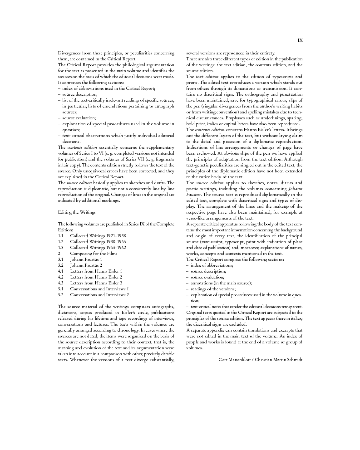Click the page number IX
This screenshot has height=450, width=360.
(300, 40)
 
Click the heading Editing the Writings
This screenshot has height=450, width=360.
(77, 212)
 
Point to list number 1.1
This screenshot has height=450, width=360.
(61, 236)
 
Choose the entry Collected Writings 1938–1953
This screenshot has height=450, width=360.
(98, 242)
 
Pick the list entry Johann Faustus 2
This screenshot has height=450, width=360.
(86, 265)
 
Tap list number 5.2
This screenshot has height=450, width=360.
(61, 294)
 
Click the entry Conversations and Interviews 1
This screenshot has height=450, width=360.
(99, 289)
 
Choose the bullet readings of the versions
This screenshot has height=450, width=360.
(213, 289)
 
